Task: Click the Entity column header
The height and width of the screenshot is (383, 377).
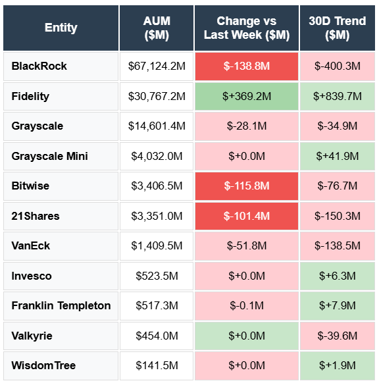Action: tap(61, 28)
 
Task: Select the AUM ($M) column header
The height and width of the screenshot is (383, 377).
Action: tap(157, 28)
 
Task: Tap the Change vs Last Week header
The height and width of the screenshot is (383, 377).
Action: tap(247, 28)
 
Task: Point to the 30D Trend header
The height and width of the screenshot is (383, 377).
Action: tap(338, 28)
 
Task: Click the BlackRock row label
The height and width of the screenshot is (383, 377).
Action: tap(39, 66)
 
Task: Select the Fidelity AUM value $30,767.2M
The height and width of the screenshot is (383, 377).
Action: tap(157, 96)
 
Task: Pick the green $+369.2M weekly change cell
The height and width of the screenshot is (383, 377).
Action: tap(247, 96)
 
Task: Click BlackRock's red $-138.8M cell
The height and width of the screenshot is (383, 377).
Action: tap(247, 66)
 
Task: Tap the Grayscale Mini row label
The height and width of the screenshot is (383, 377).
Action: tap(49, 156)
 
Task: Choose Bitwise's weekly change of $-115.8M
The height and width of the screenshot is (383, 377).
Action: tap(247, 186)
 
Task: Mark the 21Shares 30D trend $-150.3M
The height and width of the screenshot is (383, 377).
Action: tap(338, 216)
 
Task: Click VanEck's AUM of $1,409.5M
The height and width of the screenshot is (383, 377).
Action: tap(157, 246)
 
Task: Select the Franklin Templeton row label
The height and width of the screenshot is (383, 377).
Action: tap(61, 306)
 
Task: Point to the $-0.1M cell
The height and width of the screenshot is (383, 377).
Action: tap(247, 306)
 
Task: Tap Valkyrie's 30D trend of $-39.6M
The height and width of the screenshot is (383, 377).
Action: tap(338, 336)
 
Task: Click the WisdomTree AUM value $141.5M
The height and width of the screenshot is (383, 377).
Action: tap(157, 366)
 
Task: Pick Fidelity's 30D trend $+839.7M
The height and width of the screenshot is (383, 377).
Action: tap(338, 96)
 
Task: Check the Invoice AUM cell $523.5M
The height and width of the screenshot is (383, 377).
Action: tap(157, 276)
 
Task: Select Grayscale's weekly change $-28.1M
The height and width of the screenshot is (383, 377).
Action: tap(247, 126)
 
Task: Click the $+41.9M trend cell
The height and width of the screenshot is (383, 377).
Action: tap(338, 156)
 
